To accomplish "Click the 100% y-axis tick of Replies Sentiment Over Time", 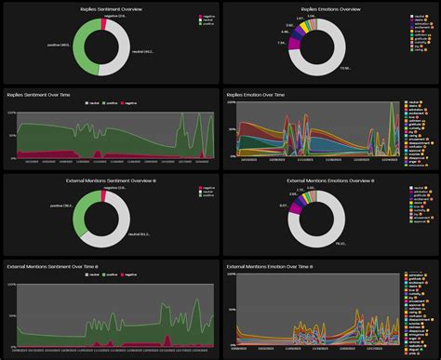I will (12, 113).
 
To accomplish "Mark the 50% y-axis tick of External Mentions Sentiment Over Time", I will (12, 315).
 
